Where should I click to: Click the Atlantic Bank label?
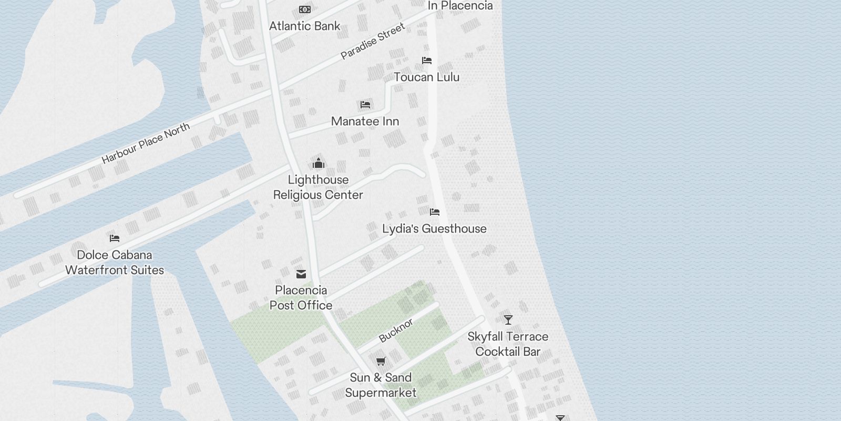pyautogui.click(x=304, y=26)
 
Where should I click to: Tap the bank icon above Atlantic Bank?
pyautogui.click(x=304, y=9)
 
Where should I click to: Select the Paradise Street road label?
pyautogui.click(x=373, y=41)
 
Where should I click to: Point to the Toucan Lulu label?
pyautogui.click(x=426, y=77)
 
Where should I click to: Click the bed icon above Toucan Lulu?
pyautogui.click(x=426, y=61)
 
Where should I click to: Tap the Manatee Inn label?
pyautogui.click(x=365, y=121)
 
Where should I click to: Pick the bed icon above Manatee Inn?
pyautogui.click(x=365, y=105)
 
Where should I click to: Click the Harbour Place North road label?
pyautogui.click(x=146, y=143)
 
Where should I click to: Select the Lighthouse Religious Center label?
pyautogui.click(x=318, y=187)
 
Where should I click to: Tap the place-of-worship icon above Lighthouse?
pyautogui.click(x=318, y=163)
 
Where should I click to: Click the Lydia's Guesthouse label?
pyautogui.click(x=434, y=228)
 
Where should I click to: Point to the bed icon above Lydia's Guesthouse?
pyautogui.click(x=434, y=212)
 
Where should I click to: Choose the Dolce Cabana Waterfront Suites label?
pyautogui.click(x=115, y=262)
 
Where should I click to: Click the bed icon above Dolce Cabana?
pyautogui.click(x=114, y=238)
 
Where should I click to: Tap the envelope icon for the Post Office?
pyautogui.click(x=301, y=274)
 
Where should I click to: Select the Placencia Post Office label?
pyautogui.click(x=301, y=297)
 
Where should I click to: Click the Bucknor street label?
pyautogui.click(x=396, y=330)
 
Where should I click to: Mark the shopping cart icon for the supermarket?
pyautogui.click(x=381, y=361)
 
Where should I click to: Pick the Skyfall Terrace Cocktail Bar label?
pyautogui.click(x=508, y=344)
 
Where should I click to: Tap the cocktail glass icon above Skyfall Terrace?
pyautogui.click(x=508, y=319)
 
